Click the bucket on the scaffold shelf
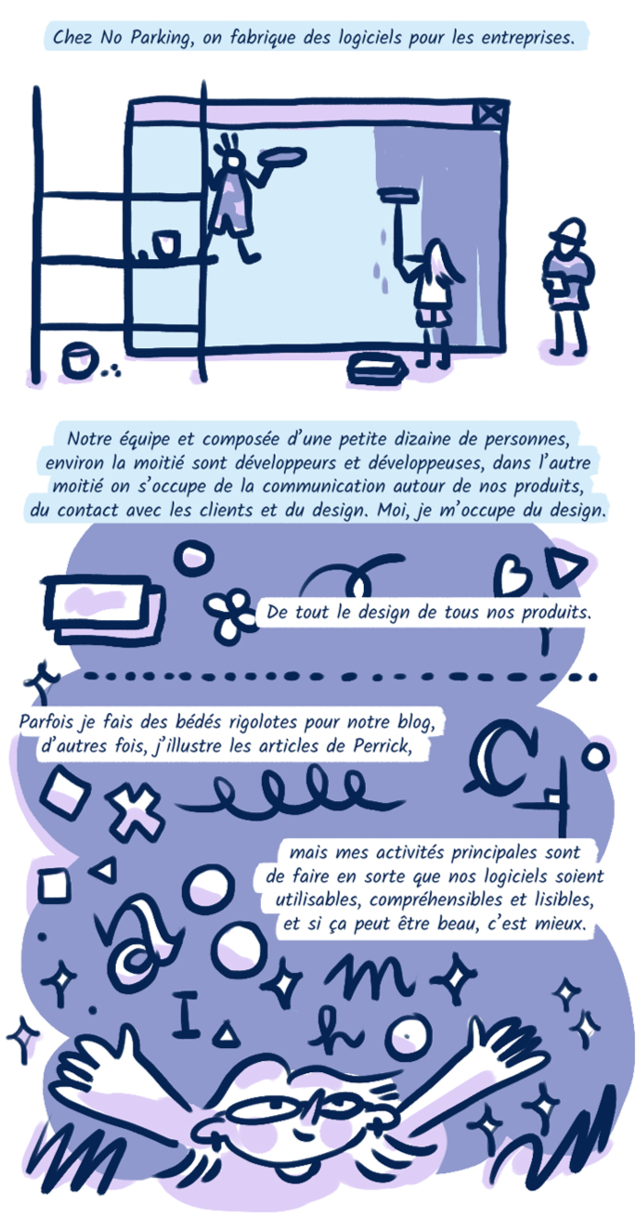pyautogui.click(x=165, y=243)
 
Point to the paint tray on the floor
pyautogui.click(x=377, y=368)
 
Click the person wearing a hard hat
pyautogui.click(x=567, y=287)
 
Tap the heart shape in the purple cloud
pyautogui.click(x=511, y=574)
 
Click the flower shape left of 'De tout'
pyautogui.click(x=228, y=614)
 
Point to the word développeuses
pyautogui.click(x=426, y=463)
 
